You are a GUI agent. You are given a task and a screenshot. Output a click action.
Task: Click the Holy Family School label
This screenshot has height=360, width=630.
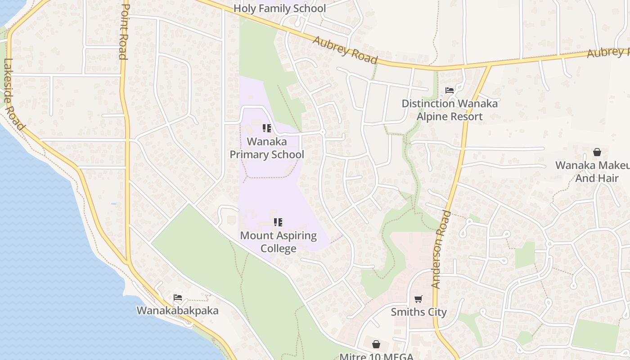tap(279, 9)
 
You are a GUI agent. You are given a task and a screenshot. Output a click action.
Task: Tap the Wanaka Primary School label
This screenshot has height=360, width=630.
tap(267, 148)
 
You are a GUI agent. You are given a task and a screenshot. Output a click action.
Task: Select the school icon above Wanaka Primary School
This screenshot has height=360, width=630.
tap(267, 129)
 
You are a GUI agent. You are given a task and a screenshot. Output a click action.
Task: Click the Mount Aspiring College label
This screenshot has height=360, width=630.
tap(278, 242)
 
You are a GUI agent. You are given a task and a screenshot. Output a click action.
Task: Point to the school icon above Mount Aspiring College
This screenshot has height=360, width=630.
tap(278, 222)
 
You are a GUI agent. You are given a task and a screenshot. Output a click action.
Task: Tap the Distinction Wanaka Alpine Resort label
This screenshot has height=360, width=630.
tap(450, 110)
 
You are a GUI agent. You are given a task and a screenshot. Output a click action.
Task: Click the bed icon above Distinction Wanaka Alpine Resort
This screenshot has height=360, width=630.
tap(449, 90)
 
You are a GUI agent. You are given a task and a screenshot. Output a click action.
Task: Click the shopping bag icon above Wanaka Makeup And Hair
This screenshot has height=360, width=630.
tap(597, 152)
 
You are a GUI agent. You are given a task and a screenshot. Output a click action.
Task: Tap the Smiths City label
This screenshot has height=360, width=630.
tap(418, 312)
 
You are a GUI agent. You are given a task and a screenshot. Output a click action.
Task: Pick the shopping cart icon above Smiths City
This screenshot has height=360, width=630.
tap(418, 299)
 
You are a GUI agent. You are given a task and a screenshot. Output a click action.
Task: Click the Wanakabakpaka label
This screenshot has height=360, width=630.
tap(177, 310)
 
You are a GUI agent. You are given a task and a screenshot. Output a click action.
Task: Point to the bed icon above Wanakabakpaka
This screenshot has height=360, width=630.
tap(178, 297)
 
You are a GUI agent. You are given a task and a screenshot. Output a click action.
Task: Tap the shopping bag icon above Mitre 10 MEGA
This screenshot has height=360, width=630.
tap(376, 344)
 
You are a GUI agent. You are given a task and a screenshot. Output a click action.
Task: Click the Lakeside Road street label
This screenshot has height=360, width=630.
tap(13, 94)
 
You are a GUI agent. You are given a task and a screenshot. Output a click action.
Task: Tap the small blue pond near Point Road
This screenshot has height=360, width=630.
tap(113, 204)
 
